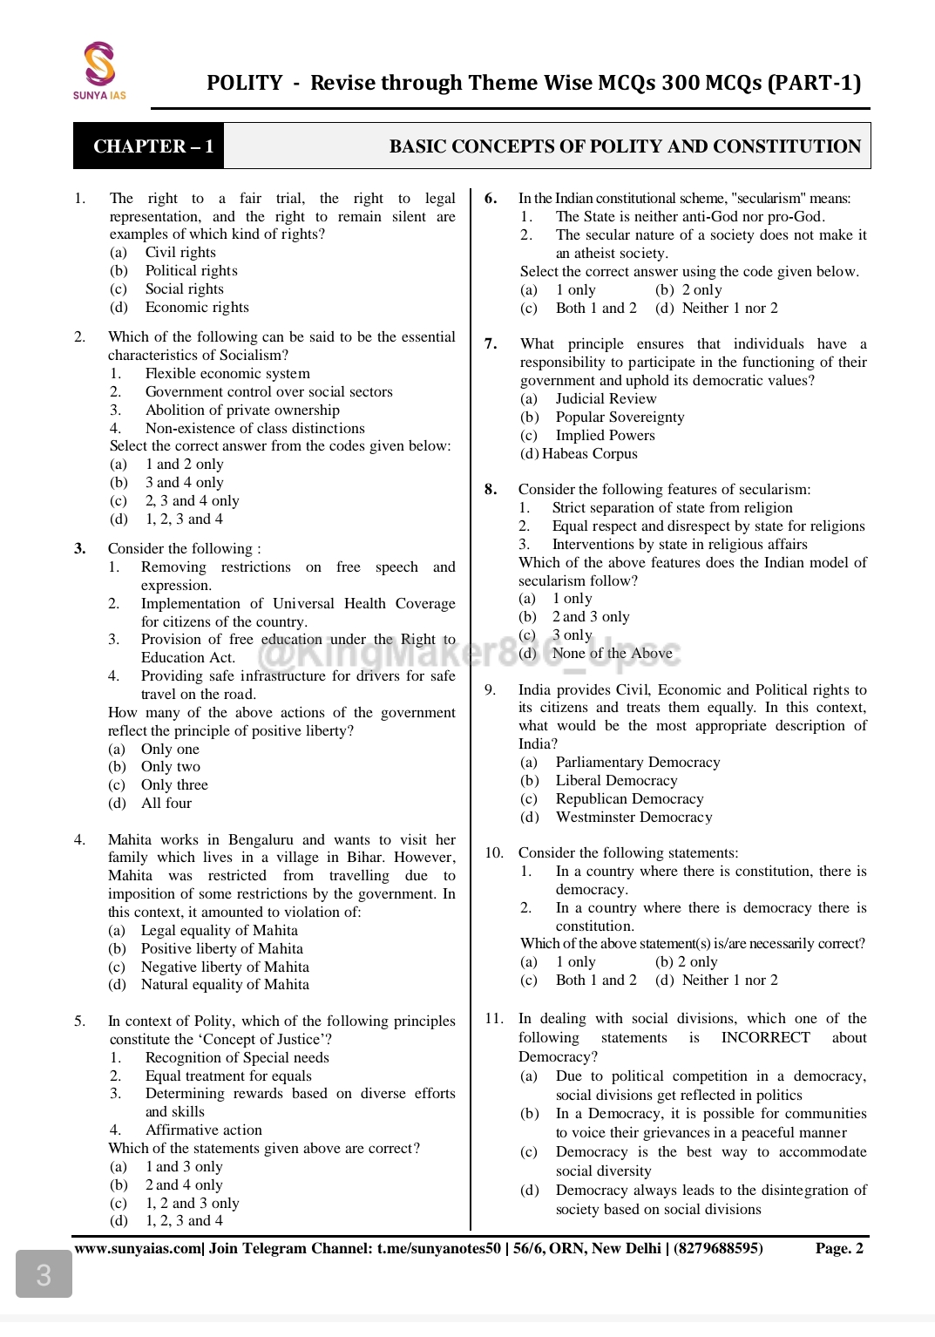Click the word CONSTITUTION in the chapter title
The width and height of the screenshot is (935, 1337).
pos(787,146)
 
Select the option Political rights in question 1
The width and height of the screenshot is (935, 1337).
pos(191,271)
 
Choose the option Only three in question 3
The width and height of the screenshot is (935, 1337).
pos(174,785)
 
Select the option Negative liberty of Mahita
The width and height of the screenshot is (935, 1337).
pos(225,967)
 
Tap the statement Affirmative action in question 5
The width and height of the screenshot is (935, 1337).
pos(203,1130)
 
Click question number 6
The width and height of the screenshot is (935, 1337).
pos(491,199)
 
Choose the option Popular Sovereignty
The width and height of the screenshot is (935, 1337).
pos(620,417)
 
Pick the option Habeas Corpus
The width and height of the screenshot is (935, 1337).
pos(589,454)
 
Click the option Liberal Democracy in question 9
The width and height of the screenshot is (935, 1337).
pos(616,781)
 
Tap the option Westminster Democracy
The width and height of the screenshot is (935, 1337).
pos(633,818)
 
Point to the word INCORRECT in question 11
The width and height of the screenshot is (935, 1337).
pos(765,1038)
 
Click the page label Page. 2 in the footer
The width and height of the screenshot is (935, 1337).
pos(838,1249)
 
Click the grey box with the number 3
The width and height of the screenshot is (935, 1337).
pos(44,1275)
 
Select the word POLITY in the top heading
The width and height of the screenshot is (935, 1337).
pos(244,83)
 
